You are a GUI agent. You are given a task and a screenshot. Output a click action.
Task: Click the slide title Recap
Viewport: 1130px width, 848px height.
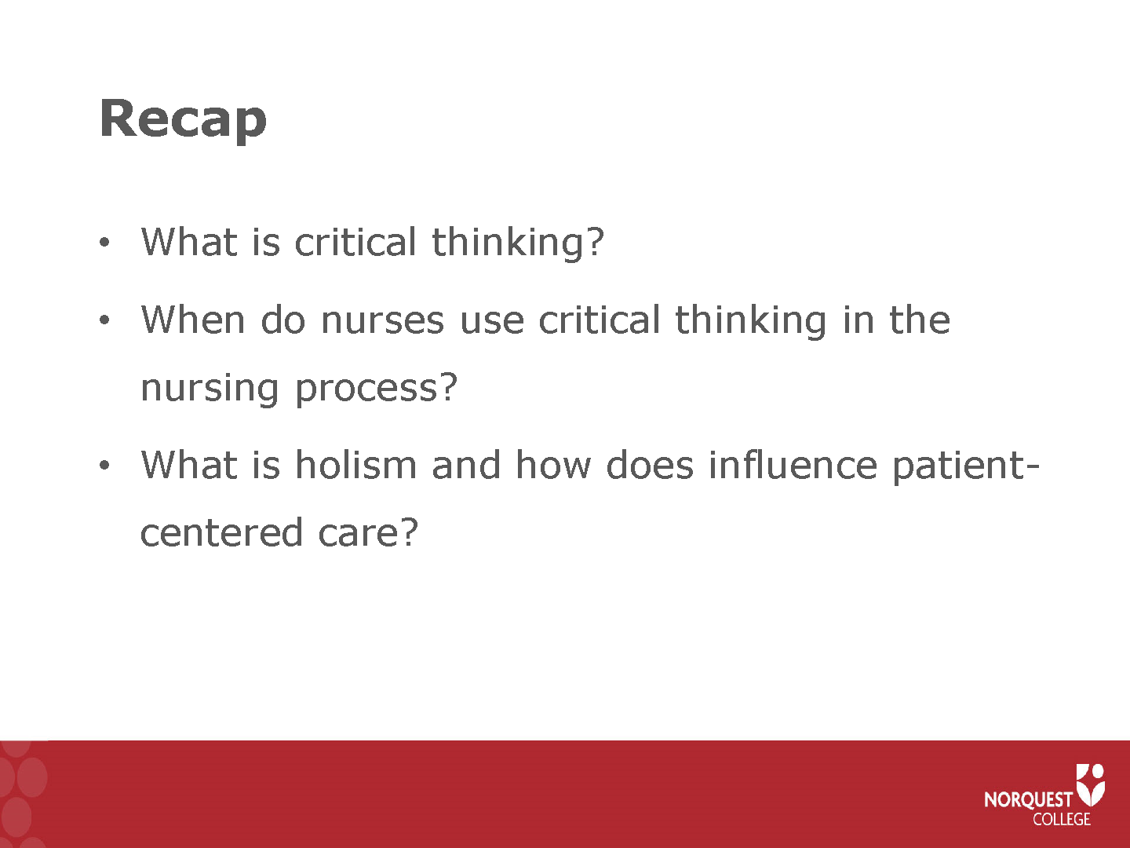tap(183, 120)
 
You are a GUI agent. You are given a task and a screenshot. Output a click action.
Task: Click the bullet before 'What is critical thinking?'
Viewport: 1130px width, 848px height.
tap(104, 242)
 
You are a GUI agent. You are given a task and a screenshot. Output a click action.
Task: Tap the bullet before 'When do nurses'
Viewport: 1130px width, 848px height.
tap(104, 320)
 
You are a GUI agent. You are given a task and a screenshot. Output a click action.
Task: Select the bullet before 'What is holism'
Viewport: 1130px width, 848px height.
tap(104, 466)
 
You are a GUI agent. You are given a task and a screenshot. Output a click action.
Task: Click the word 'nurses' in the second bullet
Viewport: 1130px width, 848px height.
tap(382, 320)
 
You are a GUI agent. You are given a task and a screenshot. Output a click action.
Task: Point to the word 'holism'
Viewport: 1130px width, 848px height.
tap(355, 464)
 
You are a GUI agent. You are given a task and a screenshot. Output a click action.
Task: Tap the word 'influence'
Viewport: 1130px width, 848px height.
tap(793, 464)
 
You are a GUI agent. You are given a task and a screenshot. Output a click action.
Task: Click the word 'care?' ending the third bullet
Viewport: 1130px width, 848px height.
tap(367, 533)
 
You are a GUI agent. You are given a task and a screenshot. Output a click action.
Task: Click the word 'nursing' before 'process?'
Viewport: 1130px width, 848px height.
tap(210, 387)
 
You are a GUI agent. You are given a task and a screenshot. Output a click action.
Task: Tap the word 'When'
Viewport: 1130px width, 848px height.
tap(193, 320)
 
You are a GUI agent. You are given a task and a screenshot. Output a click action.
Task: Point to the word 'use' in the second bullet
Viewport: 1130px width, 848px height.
tap(492, 321)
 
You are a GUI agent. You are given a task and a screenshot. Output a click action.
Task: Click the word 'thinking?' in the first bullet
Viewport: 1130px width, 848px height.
tap(518, 242)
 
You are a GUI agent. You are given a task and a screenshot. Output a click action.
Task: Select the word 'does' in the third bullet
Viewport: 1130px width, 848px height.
tap(650, 464)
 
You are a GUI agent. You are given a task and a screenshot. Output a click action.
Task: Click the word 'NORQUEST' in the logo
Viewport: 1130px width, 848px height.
tap(1028, 799)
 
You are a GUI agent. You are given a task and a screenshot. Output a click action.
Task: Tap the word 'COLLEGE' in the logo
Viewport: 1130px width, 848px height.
tap(1062, 819)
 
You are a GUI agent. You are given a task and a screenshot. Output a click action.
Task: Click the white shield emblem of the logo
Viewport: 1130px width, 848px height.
tap(1090, 784)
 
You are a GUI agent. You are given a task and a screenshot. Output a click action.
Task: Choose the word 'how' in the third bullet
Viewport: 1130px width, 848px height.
tap(553, 464)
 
